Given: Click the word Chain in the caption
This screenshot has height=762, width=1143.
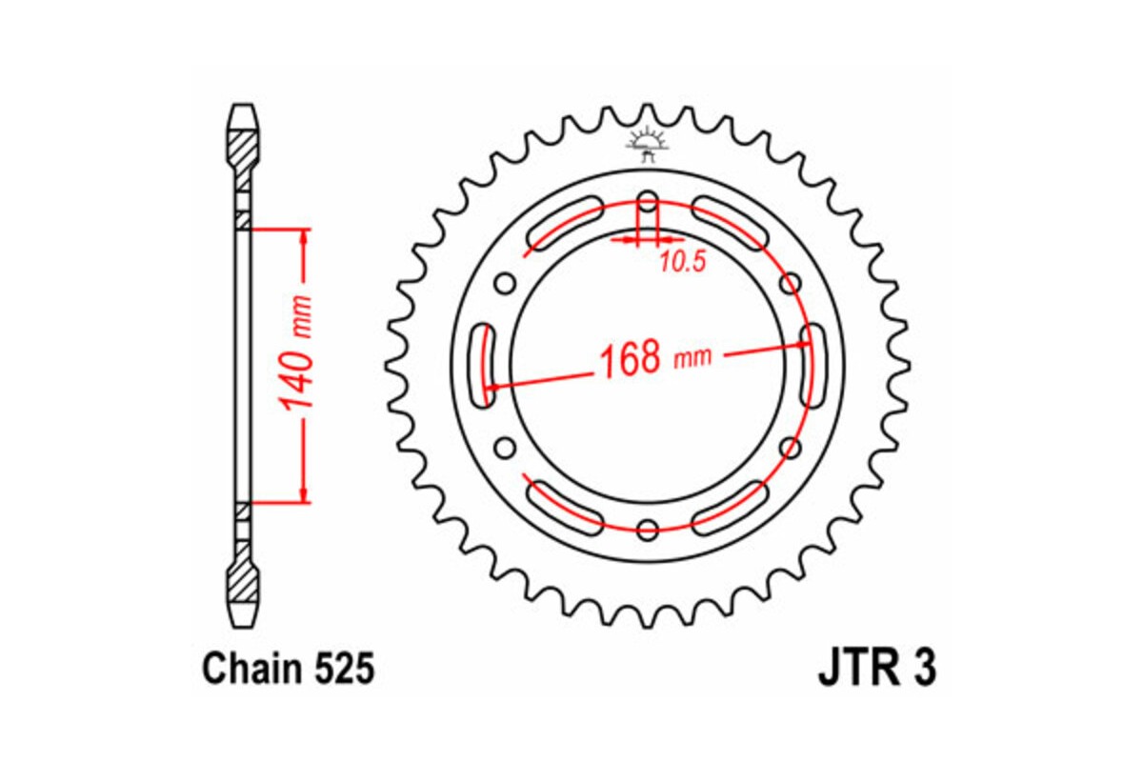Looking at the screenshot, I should tap(250, 670).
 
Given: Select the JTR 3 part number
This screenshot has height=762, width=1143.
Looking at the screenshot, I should tap(875, 669).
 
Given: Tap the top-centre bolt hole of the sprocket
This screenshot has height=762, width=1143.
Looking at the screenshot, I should tap(648, 203).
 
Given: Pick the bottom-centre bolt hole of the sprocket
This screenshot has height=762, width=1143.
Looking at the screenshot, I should tap(648, 529).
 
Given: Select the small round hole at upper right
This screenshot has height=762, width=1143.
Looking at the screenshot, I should tap(789, 283).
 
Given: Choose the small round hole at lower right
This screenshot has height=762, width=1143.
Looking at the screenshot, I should tap(789, 447).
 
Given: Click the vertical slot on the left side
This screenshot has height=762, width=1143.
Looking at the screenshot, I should tap(486, 365).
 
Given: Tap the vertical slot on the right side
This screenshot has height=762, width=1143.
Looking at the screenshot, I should tap(812, 365).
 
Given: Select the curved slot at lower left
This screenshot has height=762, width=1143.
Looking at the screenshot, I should tap(565, 505).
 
